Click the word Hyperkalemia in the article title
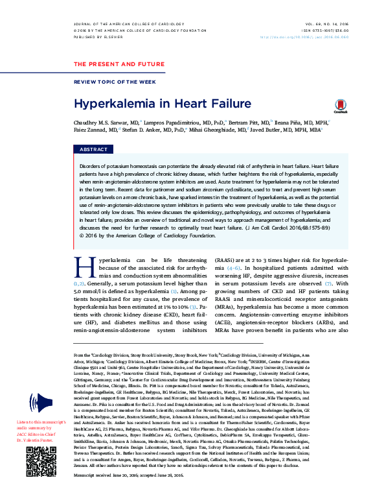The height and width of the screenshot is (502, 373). (109, 103)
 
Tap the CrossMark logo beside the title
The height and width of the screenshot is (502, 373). (341, 106)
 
